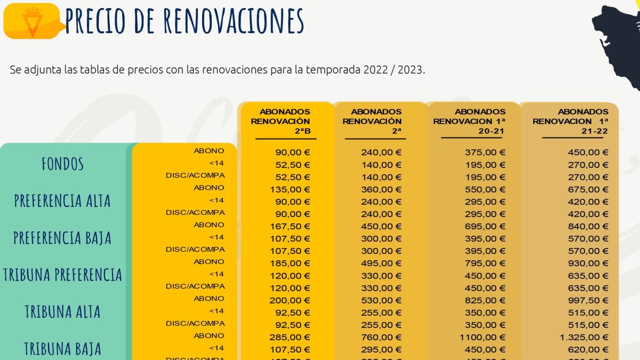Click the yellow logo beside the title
coord(31,21)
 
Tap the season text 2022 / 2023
coord(393,70)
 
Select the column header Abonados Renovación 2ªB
coord(285,121)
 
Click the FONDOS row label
coord(63,164)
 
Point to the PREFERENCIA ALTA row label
coord(62,201)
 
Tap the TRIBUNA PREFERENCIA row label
coord(62,275)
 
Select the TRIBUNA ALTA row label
coord(62,311)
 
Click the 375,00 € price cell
coord(485,153)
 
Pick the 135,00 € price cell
coord(291,189)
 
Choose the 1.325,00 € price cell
coord(585,338)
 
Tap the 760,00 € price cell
coord(381,338)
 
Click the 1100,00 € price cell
coord(482,338)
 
